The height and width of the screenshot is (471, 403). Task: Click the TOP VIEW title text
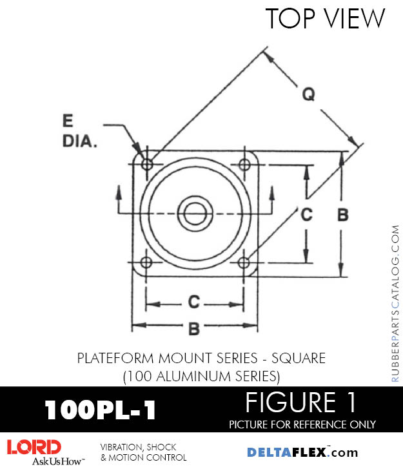click(x=325, y=19)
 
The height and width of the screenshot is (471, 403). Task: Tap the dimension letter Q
click(x=310, y=94)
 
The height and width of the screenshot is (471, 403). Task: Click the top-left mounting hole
click(x=147, y=164)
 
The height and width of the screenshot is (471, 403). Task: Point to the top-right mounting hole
click(x=244, y=164)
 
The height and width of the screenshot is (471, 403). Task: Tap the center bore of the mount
click(x=195, y=212)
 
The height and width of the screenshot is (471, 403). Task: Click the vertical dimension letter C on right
click(x=307, y=215)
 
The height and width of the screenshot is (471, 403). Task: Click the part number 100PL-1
click(x=100, y=410)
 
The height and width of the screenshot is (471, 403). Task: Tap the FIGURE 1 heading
click(x=301, y=403)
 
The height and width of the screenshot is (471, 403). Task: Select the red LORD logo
click(x=34, y=446)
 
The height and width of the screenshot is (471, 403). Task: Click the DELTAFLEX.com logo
click(x=302, y=452)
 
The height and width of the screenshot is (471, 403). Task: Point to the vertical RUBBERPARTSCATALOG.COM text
click(x=395, y=304)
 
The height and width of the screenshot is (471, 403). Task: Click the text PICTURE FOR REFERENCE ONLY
click(x=302, y=424)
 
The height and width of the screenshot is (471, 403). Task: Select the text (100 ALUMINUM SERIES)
click(x=201, y=374)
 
